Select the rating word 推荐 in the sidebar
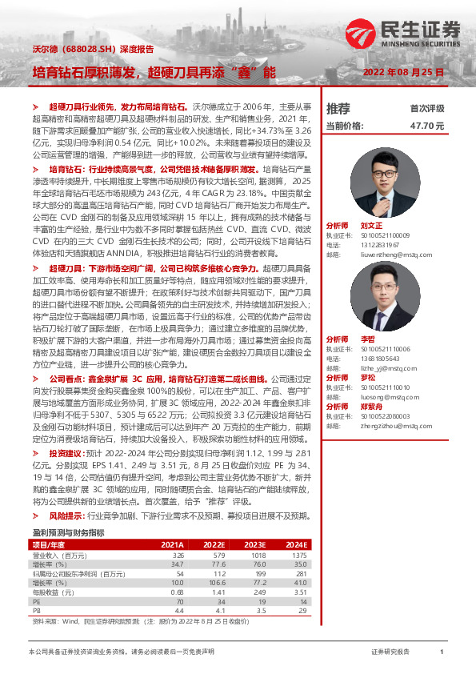tap(338, 108)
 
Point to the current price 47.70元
tap(426, 126)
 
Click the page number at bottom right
tap(441, 652)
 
